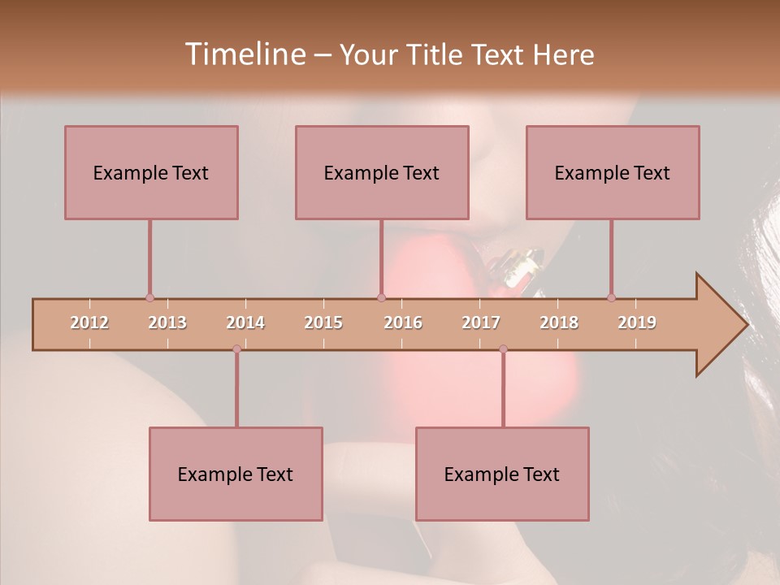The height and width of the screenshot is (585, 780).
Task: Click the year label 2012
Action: (89, 323)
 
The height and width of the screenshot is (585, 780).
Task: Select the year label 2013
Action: (167, 323)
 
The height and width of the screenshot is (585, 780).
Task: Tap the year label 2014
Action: (245, 323)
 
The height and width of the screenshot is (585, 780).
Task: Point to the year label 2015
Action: (323, 323)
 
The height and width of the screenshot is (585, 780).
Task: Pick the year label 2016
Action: (403, 323)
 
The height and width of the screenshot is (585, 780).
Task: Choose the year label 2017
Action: (481, 323)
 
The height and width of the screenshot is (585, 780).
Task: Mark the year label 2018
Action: (559, 323)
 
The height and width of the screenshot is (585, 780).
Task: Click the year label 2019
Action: (637, 323)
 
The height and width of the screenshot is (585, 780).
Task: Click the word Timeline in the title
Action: (244, 54)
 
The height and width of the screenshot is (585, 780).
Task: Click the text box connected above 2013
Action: (151, 172)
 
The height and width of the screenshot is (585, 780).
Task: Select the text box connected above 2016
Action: (382, 172)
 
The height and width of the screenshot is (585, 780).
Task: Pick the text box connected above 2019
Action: (613, 172)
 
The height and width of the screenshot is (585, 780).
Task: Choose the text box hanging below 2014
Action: (236, 474)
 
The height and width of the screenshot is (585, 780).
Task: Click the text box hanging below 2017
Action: (502, 474)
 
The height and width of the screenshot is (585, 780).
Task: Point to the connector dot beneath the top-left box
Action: (149, 297)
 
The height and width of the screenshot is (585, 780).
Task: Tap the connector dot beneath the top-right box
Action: (611, 297)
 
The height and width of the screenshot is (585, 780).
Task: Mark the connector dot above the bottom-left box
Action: (236, 349)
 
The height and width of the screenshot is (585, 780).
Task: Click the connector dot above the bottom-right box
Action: (503, 349)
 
